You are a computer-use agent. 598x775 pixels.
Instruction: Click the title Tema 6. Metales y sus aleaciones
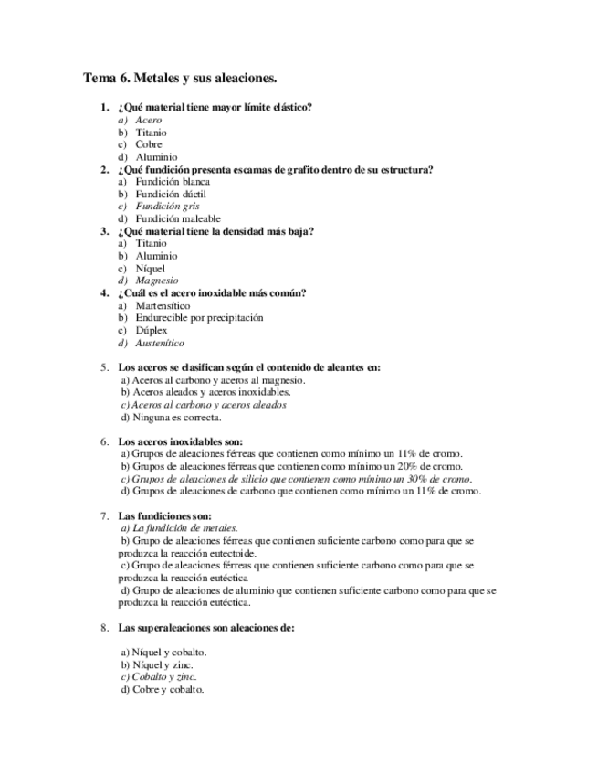(x=180, y=79)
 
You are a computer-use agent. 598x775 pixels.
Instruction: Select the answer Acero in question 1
(x=148, y=120)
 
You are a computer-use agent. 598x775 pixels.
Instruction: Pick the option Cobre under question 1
(x=149, y=144)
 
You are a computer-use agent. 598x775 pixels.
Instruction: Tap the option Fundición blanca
(x=173, y=182)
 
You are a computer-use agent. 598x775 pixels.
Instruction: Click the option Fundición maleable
(x=178, y=219)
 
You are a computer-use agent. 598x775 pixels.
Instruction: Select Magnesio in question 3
(x=157, y=281)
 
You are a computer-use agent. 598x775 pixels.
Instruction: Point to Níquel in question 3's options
(x=151, y=269)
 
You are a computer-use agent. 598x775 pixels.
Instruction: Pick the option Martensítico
(x=163, y=305)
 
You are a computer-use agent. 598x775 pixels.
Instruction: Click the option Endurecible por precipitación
(x=199, y=318)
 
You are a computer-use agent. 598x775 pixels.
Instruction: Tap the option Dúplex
(x=152, y=330)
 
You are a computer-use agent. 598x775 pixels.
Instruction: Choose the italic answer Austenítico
(x=160, y=343)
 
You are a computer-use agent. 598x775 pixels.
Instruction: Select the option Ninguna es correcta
(x=171, y=417)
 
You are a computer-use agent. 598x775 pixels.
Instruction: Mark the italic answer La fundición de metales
(x=179, y=528)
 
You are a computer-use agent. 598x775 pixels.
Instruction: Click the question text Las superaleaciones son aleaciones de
(x=206, y=628)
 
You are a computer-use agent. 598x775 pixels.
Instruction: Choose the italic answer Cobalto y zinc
(x=158, y=677)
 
